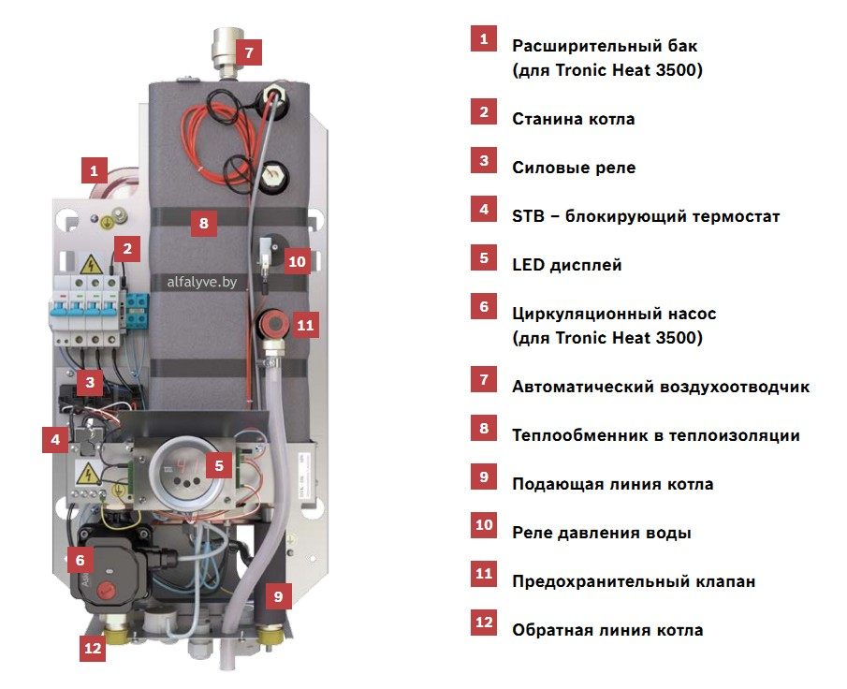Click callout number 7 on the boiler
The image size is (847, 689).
pos(248,52)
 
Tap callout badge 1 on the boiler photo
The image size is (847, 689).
pos(94,170)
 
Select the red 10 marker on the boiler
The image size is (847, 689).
pos(297,261)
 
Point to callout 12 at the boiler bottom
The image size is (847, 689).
pos(93,647)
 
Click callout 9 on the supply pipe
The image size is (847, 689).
pos(278,596)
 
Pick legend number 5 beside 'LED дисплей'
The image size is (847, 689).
pos(484,258)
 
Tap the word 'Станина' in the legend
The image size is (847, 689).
pos(547,119)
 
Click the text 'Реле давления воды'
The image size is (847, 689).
pos(602,533)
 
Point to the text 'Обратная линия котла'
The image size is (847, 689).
pos(607,630)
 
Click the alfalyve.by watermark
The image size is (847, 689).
pos(202,282)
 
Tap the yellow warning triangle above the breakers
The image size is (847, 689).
pos(92,264)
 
